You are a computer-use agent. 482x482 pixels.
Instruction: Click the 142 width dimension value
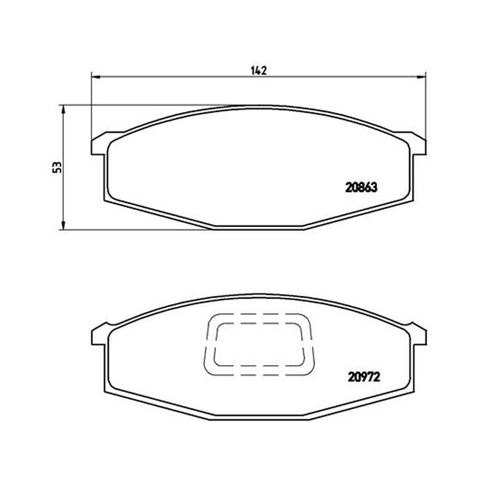tap(258, 70)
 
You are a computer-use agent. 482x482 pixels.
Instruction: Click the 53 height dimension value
tap(57, 167)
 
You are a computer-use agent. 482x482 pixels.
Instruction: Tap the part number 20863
tap(361, 187)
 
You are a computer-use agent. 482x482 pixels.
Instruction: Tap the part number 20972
tap(364, 377)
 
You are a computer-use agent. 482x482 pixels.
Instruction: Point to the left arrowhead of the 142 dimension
tap(96, 77)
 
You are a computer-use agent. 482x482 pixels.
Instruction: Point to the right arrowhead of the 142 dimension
tap(421, 77)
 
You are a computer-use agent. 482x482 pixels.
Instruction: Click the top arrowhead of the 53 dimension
tap(63, 110)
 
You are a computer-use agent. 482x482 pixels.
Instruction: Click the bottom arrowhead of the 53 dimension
tap(63, 225)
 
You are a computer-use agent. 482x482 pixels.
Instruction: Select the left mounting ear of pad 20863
tap(99, 144)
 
